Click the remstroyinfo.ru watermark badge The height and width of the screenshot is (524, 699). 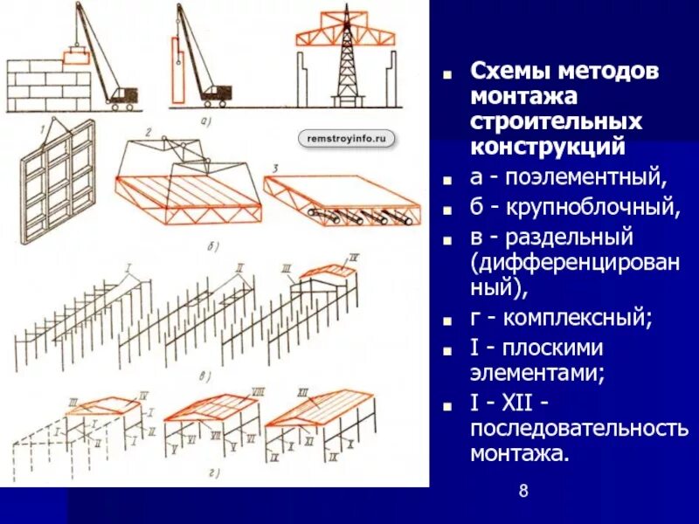click(x=347, y=138)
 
